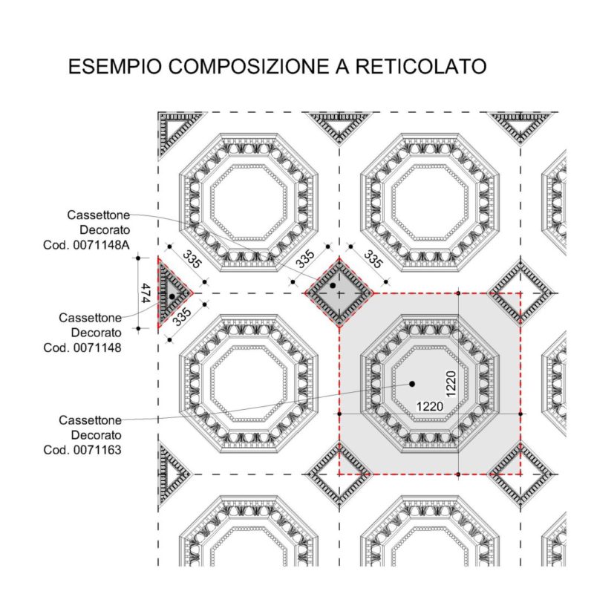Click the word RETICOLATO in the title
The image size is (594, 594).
pyautogui.click(x=421, y=66)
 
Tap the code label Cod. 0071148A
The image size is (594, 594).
pyautogui.click(x=86, y=245)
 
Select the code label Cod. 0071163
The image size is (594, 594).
pyautogui.click(x=82, y=450)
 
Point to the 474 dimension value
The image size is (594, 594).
pyautogui.click(x=145, y=293)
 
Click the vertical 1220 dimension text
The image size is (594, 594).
pyautogui.click(x=451, y=384)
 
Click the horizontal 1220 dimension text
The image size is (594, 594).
pyautogui.click(x=430, y=406)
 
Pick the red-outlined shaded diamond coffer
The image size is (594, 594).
pyautogui.click(x=339, y=293)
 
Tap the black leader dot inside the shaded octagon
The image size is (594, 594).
pyautogui.click(x=412, y=384)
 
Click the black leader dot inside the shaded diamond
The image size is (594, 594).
pyautogui.click(x=333, y=285)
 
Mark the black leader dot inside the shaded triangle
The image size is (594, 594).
pyautogui.click(x=172, y=296)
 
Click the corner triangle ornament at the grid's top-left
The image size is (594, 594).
pyautogui.click(x=176, y=131)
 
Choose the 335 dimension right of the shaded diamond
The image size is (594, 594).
pyautogui.click(x=373, y=259)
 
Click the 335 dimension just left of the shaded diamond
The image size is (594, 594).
pyautogui.click(x=305, y=259)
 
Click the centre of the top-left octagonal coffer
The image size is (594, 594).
pyautogui.click(x=248, y=202)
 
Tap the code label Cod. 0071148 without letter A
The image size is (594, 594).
pyautogui.click(x=82, y=347)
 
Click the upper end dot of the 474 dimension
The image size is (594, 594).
pyautogui.click(x=138, y=258)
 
